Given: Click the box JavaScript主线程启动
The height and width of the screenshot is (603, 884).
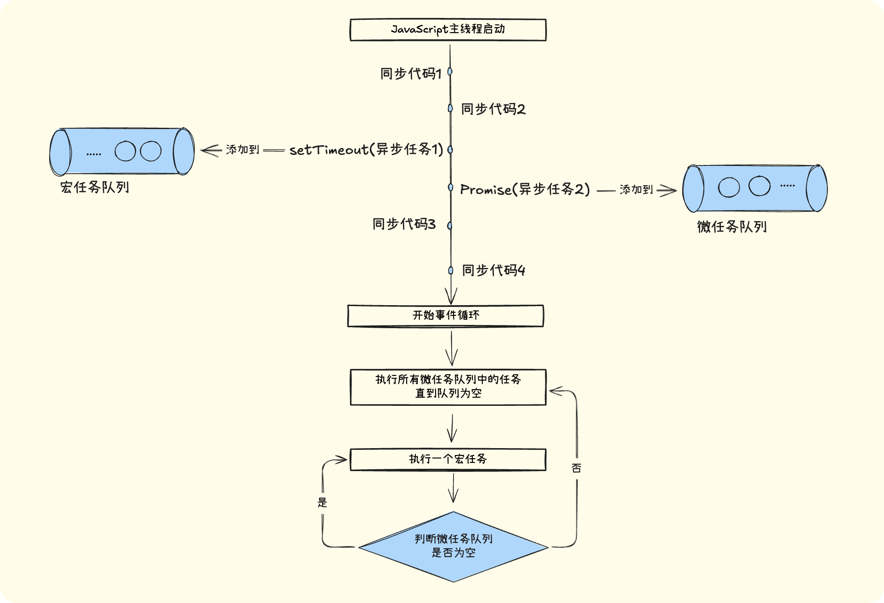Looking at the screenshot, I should click(448, 30).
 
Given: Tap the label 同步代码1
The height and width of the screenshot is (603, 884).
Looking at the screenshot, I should click(411, 73).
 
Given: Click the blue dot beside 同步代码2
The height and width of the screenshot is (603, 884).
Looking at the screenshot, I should click(450, 108).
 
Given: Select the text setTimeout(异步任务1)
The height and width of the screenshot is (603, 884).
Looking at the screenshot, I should click(366, 150).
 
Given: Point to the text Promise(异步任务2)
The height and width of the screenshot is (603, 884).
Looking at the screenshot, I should click(525, 189).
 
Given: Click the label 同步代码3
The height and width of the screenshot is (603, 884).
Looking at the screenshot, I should click(404, 224).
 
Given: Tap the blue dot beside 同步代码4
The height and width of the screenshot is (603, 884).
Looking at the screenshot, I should click(451, 270).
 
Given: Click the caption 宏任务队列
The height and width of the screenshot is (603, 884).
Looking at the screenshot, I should click(95, 188).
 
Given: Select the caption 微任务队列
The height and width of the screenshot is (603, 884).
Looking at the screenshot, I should click(731, 227).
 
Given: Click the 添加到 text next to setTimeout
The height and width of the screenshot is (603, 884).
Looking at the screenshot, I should click(243, 150).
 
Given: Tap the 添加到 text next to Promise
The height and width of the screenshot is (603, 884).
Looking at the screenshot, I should click(636, 189).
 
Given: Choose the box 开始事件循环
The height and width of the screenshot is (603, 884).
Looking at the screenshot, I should click(446, 316).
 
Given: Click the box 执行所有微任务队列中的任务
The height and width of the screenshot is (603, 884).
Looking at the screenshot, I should click(448, 387).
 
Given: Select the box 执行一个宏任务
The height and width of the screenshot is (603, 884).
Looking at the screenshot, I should click(448, 459).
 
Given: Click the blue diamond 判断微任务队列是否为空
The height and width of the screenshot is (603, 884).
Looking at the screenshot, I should click(453, 546).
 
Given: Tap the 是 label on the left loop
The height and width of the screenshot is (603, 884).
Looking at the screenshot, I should click(322, 502).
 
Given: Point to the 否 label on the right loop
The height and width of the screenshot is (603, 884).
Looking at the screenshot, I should click(576, 468).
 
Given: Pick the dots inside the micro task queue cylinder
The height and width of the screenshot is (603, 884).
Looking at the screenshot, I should click(787, 186).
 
